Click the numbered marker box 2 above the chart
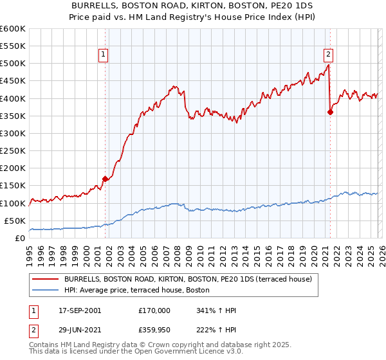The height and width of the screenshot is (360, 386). (329, 55)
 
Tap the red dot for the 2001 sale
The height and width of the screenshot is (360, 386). (105, 179)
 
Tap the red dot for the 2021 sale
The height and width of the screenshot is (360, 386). (330, 112)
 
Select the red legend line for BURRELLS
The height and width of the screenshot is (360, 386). (46, 279)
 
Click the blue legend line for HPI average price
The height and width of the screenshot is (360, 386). (46, 290)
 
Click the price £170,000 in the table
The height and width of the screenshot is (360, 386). (154, 310)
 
